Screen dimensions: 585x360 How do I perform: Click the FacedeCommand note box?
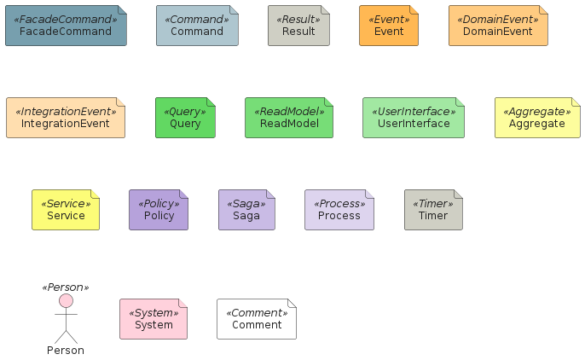[x=66, y=26]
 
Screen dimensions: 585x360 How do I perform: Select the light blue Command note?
[x=197, y=26]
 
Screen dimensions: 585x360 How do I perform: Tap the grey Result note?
[x=298, y=26]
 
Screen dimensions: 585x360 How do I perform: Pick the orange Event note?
[x=389, y=26]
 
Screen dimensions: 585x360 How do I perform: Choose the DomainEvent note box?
[x=498, y=26]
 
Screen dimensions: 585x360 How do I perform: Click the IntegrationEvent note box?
[x=66, y=118]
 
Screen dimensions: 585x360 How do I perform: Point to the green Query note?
[x=185, y=118]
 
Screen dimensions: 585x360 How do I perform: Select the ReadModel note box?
[x=289, y=118]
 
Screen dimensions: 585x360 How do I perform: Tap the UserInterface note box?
[x=414, y=118]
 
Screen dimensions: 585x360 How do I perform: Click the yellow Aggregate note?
[x=537, y=118]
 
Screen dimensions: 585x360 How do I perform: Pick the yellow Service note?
[x=66, y=210]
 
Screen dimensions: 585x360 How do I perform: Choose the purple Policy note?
[x=159, y=210]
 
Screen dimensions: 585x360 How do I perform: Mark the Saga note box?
[x=246, y=210]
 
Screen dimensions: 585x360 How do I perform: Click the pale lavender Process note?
[x=339, y=210]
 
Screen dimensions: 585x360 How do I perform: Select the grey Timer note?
[x=433, y=210]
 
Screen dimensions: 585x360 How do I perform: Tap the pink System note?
[x=153, y=319]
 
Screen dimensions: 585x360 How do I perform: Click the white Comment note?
[x=257, y=319]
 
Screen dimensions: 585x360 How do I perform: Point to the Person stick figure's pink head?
[x=66, y=300]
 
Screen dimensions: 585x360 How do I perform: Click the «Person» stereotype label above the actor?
[x=66, y=287]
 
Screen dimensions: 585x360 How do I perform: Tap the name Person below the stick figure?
[x=66, y=351]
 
